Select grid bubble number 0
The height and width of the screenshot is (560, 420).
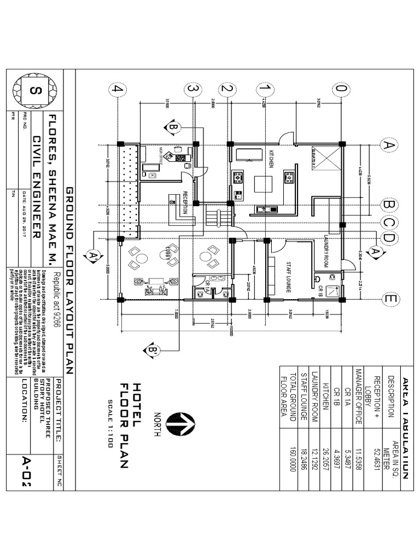tap(342, 89)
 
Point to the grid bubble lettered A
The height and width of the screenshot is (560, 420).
tap(389, 145)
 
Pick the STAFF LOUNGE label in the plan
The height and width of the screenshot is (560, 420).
tap(290, 276)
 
